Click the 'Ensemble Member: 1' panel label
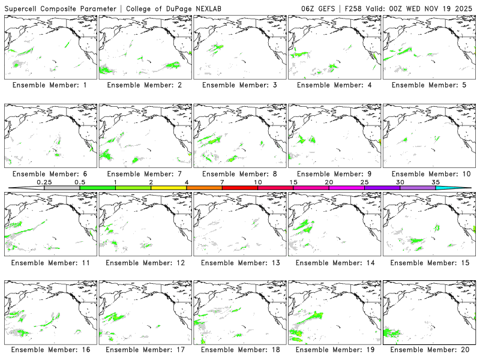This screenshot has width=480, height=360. click(49, 85)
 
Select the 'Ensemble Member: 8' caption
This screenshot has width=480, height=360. click(239, 174)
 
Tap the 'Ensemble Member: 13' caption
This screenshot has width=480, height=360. click(239, 262)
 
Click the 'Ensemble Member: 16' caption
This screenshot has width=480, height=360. click(50, 349)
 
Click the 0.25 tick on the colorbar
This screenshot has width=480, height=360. click(44, 182)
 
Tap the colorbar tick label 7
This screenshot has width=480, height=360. click(222, 182)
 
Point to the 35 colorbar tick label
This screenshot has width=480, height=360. click(436, 182)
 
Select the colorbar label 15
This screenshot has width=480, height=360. click(293, 182)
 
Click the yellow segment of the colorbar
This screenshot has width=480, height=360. click(169, 188)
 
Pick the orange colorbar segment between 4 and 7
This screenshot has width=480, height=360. click(204, 188)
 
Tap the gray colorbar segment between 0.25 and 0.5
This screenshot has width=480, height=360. click(62, 188)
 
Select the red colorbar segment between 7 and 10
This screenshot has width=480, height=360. click(240, 188)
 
